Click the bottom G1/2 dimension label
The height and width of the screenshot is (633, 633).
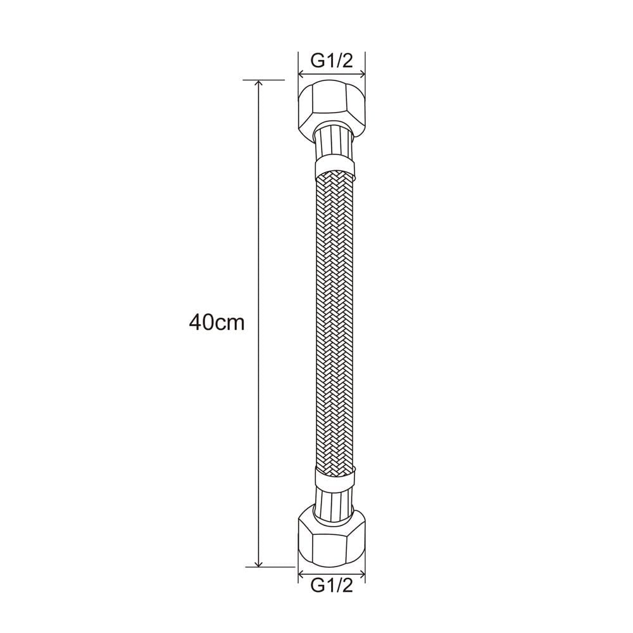click(332, 585)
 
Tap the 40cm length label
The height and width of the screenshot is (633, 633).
click(216, 322)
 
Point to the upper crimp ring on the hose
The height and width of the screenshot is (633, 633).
click(335, 169)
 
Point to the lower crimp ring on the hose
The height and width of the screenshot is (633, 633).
click(335, 477)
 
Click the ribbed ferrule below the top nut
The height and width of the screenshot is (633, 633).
click(334, 143)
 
